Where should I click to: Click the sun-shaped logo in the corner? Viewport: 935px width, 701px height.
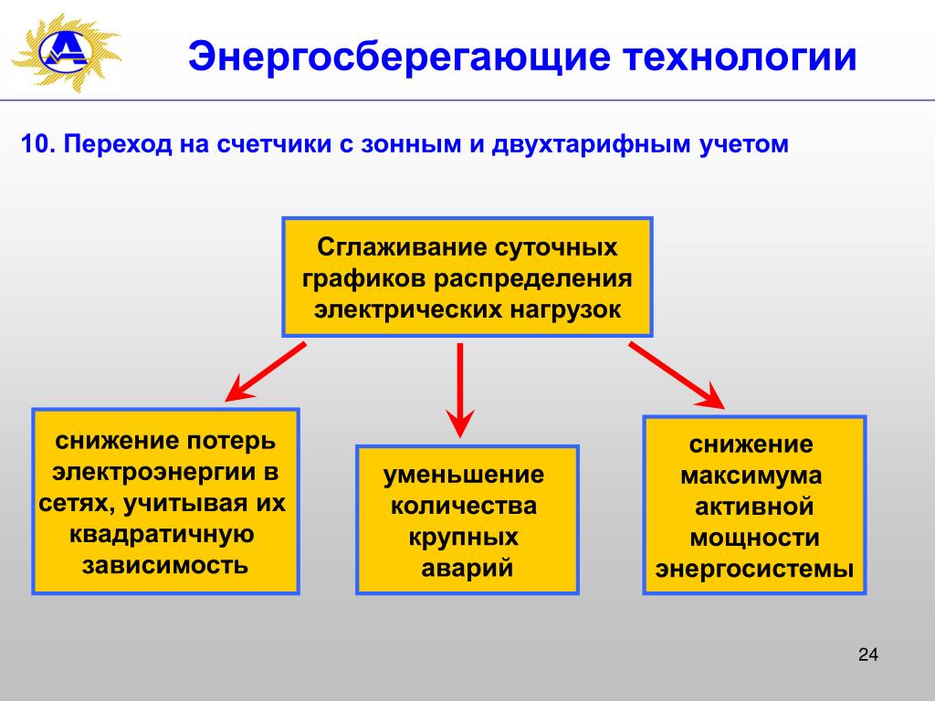67,52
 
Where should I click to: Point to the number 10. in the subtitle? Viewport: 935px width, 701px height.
38,144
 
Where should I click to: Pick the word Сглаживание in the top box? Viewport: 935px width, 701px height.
399,247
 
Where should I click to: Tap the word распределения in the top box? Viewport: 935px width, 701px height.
532,279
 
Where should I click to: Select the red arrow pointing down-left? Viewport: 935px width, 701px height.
266,371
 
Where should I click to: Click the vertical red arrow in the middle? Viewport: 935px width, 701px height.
460,391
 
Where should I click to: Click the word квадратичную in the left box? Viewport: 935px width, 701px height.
162,533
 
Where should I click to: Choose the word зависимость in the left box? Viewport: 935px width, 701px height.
164,564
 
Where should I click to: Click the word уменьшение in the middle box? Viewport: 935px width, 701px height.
463,475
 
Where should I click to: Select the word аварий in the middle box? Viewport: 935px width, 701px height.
467,568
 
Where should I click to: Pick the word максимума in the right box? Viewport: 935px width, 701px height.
751,476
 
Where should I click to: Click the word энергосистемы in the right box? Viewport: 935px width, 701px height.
754,569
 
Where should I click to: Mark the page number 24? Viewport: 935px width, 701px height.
868,654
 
